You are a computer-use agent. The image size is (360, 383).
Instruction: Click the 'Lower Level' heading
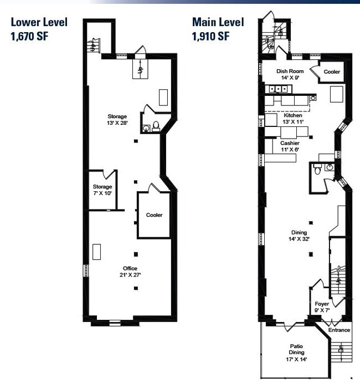tap(39, 22)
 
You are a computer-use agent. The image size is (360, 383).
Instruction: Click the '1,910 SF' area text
tap(210, 37)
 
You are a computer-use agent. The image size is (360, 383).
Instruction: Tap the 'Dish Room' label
tap(290, 72)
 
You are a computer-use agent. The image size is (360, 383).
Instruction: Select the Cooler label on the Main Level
tap(332, 72)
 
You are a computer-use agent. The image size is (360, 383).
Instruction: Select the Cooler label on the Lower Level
tap(154, 215)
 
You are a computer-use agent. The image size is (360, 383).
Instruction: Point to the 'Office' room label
tap(130, 268)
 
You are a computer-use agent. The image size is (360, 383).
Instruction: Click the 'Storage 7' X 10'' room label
tap(102, 190)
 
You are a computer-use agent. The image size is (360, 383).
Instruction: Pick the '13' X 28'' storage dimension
tap(117, 122)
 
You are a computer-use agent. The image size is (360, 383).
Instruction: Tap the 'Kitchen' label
tap(293, 115)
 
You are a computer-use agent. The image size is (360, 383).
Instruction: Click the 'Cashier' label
tap(290, 143)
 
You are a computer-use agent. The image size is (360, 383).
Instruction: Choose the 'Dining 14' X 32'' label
tap(299, 236)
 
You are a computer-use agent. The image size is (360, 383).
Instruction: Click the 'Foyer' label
tap(322, 304)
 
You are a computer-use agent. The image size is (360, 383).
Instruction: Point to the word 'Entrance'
tap(339, 330)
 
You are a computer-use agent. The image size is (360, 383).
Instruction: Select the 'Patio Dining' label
tap(296, 349)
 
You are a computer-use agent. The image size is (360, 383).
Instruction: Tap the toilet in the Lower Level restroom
tap(156, 126)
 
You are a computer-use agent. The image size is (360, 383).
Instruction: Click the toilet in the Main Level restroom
tap(317, 169)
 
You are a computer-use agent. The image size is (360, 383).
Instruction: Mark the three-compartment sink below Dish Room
tap(278, 89)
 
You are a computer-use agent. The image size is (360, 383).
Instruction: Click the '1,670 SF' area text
tap(29, 37)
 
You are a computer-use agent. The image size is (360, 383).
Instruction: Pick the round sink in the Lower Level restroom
tap(146, 128)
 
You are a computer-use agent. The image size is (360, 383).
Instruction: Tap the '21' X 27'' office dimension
tap(130, 275)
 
